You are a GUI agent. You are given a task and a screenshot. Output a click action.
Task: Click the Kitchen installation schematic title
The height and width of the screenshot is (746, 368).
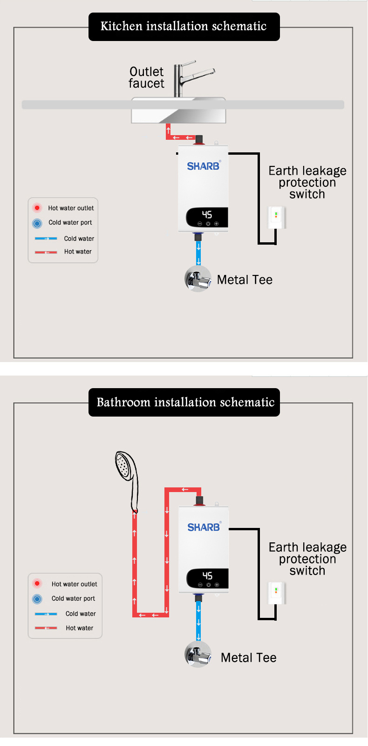[184, 27]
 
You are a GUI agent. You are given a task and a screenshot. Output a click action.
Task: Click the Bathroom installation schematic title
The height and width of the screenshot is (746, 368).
[185, 403]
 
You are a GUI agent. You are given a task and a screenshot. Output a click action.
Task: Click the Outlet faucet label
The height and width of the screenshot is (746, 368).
[147, 78]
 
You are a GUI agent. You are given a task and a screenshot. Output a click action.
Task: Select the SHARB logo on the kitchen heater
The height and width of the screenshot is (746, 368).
[203, 166]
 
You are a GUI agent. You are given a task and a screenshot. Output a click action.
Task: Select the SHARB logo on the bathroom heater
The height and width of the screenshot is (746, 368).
[204, 527]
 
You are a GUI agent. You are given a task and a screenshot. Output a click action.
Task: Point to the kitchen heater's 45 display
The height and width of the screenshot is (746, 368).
[207, 215]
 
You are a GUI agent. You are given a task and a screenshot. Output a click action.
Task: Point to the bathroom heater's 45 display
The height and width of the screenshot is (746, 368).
[207, 576]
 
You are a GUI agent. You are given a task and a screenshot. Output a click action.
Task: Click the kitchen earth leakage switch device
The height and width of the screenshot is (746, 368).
[276, 218]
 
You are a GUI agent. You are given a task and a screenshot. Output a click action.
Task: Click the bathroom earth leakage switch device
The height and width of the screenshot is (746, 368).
[276, 593]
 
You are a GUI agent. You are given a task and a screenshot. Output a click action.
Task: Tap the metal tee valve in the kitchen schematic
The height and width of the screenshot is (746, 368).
[198, 279]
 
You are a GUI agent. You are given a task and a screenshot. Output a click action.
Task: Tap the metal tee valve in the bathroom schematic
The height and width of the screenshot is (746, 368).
[198, 655]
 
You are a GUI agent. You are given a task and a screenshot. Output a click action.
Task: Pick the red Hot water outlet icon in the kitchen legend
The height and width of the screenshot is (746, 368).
[37, 208]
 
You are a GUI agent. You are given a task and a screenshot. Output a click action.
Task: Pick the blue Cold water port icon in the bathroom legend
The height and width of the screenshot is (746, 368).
[37, 599]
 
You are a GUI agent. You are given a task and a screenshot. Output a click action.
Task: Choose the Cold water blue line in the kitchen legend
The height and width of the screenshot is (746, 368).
[46, 239]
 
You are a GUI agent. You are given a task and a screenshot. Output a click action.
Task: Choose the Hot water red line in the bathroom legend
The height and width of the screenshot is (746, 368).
[46, 628]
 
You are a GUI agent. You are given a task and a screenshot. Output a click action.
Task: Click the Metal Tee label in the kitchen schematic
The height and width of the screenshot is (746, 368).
[245, 280]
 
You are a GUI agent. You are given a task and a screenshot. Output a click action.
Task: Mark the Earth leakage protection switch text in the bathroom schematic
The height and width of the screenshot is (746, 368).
[307, 559]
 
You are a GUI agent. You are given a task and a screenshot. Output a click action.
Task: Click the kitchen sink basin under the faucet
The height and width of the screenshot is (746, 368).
[178, 115]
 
